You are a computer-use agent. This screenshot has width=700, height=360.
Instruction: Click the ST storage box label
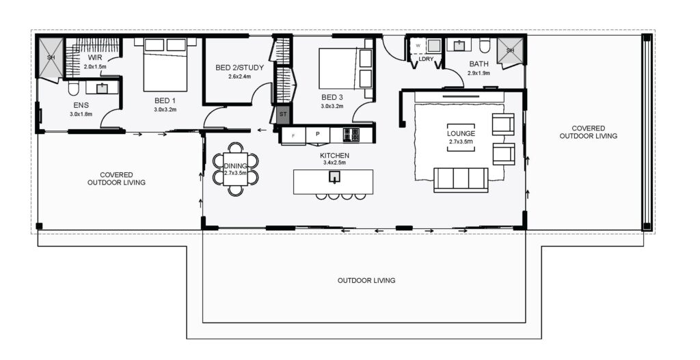click(283, 114)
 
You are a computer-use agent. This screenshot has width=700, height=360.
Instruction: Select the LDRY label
click(425, 59)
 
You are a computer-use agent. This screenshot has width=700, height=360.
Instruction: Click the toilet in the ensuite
click(74, 88)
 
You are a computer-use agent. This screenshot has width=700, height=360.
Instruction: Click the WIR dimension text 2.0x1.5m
click(94, 66)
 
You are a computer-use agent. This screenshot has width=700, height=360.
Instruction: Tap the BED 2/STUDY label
click(239, 68)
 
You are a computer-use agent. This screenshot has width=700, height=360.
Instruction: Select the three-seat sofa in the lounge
click(461, 180)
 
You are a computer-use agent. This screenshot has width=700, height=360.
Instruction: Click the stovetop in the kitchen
click(351, 135)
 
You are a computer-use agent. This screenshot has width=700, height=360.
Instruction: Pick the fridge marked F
click(293, 136)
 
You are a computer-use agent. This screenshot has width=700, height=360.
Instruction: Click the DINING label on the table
click(235, 167)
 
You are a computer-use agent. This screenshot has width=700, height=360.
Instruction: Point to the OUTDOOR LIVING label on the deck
click(366, 281)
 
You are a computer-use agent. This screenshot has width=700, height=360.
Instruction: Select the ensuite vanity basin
click(103, 88)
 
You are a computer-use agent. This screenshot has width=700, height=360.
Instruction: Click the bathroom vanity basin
click(459, 45)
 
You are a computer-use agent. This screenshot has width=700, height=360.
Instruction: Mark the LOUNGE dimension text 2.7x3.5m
click(461, 142)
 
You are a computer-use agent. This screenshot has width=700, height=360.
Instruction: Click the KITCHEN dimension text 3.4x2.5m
click(334, 163)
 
